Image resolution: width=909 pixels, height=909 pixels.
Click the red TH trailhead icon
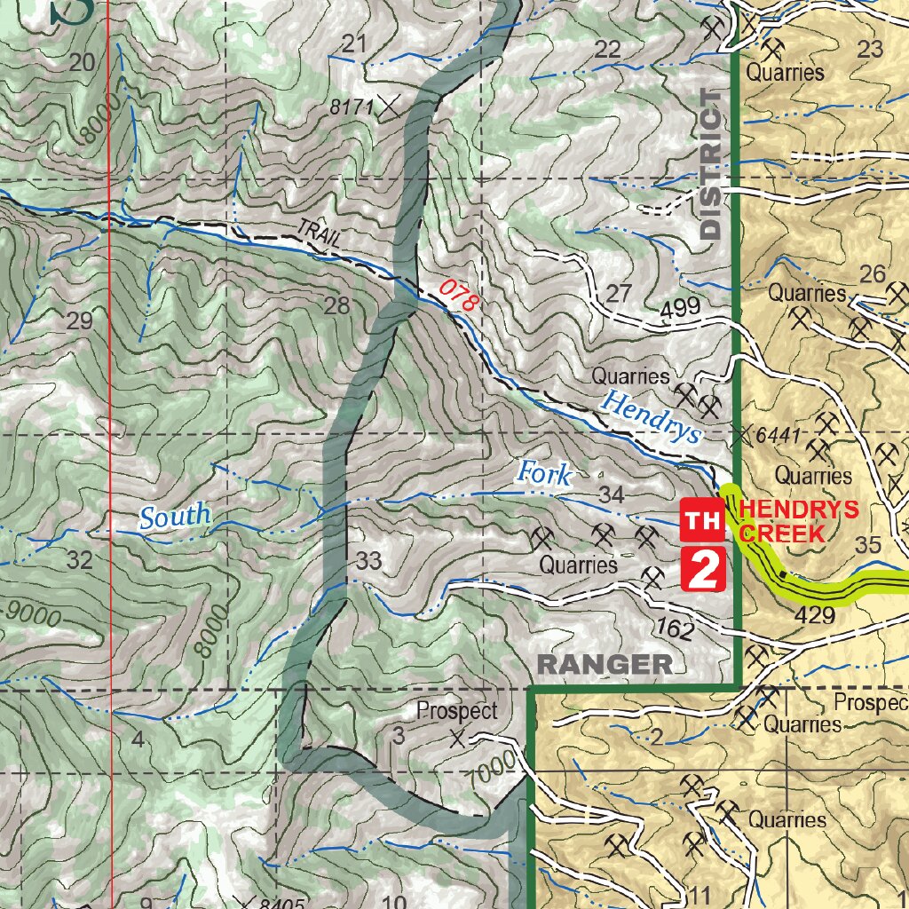[701, 520]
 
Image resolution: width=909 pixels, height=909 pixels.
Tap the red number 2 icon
[703, 569]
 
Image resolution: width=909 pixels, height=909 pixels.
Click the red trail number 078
[461, 296]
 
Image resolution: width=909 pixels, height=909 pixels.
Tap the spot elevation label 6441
[781, 437]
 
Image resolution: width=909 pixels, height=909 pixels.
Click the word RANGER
[605, 664]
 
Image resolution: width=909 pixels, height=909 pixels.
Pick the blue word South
[175, 515]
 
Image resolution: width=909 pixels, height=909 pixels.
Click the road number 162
[676, 628]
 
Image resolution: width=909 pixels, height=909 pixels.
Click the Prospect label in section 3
[456, 712]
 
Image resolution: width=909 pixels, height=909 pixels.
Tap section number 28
[337, 307]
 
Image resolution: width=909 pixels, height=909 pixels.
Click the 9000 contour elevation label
[34, 612]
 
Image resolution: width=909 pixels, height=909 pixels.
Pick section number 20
[81, 62]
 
